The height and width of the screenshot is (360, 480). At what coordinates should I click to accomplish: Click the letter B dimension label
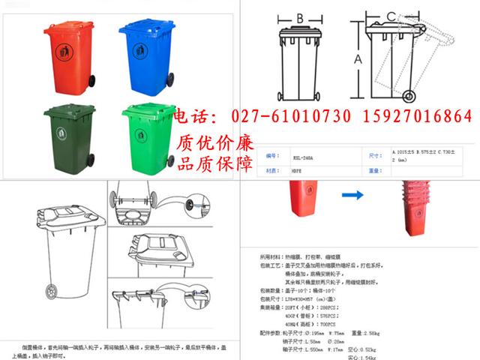click(x=298, y=18)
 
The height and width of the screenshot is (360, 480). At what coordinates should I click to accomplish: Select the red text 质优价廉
click(x=215, y=142)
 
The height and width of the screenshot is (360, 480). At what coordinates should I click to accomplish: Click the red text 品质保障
click(x=215, y=163)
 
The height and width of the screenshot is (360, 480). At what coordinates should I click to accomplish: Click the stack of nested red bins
click(x=418, y=206)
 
